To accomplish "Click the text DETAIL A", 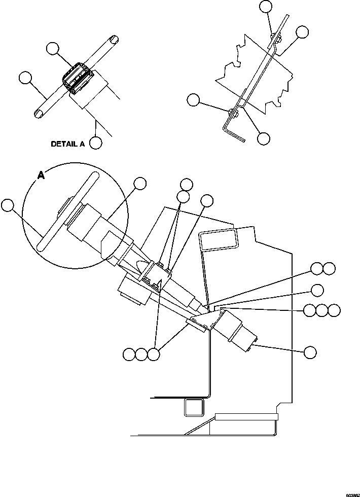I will pos(67,144).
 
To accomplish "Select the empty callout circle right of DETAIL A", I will pos(95,143).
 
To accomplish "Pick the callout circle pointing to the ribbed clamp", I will pos(52,49).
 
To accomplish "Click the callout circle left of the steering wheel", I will pos(7,205).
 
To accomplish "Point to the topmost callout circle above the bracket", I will pos(265,6).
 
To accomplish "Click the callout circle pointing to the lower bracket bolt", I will pos(193,100).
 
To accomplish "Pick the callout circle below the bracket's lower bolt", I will pos(263,138).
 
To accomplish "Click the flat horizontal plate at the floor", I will pos(246,417).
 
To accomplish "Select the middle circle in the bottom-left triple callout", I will pos(141,354).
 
